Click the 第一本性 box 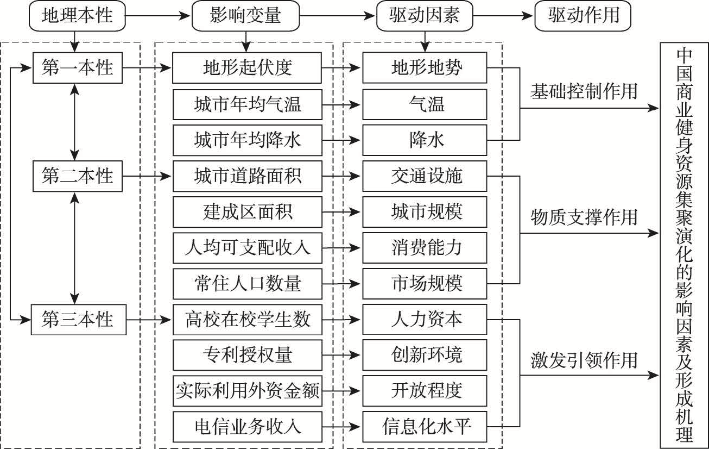tap(77, 68)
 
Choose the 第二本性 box tap(77, 176)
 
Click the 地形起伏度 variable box tap(247, 68)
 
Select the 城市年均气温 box tap(247, 104)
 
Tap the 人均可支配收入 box tap(247, 247)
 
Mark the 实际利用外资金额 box tap(247, 390)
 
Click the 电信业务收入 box tap(247, 426)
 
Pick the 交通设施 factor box tap(426, 176)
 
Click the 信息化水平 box tap(426, 426)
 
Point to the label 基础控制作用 tap(584, 91)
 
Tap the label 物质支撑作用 tap(584, 217)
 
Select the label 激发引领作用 tap(584, 360)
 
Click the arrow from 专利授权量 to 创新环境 tap(342, 355)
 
